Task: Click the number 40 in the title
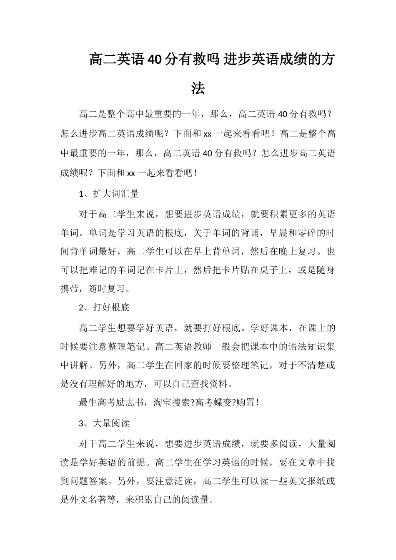(153, 60)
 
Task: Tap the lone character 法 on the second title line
(198, 88)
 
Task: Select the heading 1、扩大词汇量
(109, 194)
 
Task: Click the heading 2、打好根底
(104, 307)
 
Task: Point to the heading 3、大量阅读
(104, 423)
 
